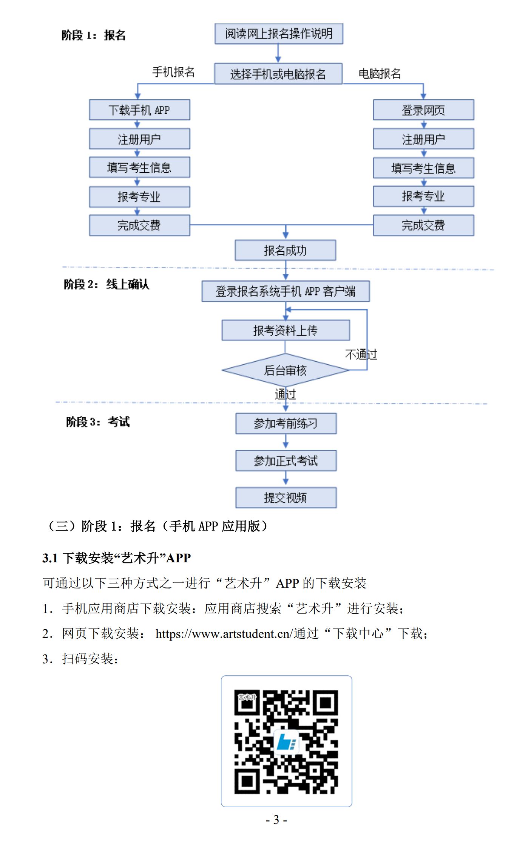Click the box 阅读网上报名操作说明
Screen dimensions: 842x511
279,34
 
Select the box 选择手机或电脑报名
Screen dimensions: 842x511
278,74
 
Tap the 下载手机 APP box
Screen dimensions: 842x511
139,110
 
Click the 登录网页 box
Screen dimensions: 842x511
423,110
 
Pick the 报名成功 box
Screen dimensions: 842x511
285,250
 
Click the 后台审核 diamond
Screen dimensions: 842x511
285,370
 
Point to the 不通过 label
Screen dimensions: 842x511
361,354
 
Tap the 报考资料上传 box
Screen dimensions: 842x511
286,330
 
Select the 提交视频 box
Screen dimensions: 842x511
286,497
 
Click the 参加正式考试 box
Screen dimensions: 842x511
286,460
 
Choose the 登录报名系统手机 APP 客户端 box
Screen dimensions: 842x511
286,291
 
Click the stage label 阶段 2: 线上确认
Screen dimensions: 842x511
107,284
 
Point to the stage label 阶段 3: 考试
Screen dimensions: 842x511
98,421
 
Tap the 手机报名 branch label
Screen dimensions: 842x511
173,72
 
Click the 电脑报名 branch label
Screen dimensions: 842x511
380,73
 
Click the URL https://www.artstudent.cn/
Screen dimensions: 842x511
224,634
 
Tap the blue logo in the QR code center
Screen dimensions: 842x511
286,741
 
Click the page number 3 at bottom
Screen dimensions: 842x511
276,820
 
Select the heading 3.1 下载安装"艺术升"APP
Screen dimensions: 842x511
116,558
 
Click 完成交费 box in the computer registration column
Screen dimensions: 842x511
423,225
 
